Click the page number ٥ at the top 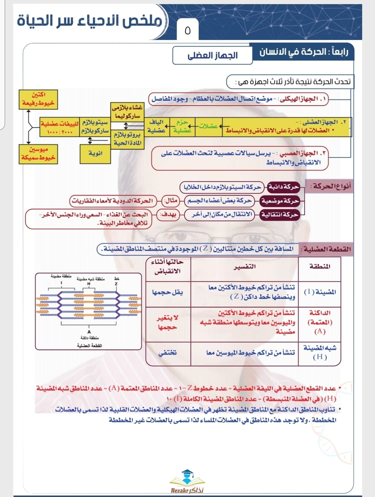(x=187, y=31)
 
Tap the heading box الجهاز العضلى (x=212, y=56)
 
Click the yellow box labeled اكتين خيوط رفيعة (x=38, y=99)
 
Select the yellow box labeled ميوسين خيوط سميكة (x=38, y=154)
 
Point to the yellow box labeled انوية (x=95, y=153)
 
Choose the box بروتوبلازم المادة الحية (x=127, y=139)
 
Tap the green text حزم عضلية (x=182, y=126)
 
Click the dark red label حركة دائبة (x=283, y=187)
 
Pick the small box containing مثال (x=171, y=201)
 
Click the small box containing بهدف (x=169, y=215)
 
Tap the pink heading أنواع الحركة (x=330, y=187)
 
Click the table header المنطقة (x=319, y=267)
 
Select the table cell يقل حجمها (x=167, y=292)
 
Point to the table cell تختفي (x=167, y=353)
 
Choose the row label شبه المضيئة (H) (x=319, y=352)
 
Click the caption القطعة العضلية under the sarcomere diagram (x=89, y=346)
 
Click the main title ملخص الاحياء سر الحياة (x=90, y=21)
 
